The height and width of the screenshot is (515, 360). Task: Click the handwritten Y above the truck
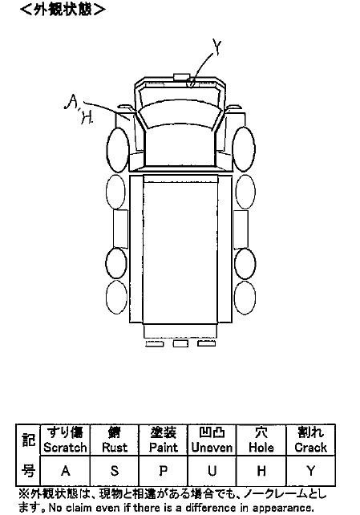point(217,47)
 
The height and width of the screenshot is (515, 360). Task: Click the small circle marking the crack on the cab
point(191,83)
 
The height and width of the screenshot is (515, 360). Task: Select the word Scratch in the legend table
point(65,448)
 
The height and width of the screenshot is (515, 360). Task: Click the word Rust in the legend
point(115,448)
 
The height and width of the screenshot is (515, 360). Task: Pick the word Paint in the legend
point(163,448)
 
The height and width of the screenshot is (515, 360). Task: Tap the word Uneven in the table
point(212,448)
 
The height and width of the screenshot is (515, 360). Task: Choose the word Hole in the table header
point(261,448)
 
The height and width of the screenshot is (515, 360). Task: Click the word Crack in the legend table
point(310,448)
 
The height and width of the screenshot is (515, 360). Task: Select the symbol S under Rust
point(114,471)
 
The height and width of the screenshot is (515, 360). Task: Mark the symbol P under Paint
point(163,471)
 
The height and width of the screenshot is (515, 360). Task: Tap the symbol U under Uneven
point(212,471)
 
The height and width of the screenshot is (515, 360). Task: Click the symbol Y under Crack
point(310,471)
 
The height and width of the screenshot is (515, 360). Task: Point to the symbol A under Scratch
point(65,471)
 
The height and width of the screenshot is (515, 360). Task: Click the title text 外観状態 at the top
point(63,9)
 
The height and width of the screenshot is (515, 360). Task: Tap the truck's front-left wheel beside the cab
point(118,150)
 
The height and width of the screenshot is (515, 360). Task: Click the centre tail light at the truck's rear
point(180,343)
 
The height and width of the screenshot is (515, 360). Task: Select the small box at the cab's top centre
point(181,77)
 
